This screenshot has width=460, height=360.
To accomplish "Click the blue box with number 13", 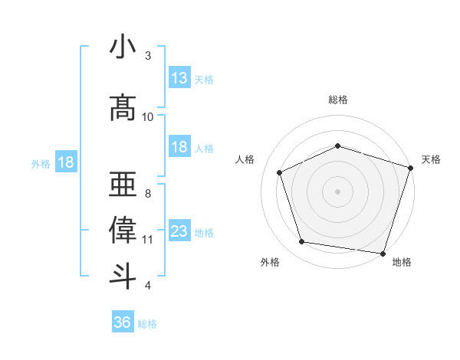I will tap(179, 78).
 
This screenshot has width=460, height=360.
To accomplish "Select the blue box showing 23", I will tap(179, 231).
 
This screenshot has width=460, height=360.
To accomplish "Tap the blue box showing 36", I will tap(123, 322).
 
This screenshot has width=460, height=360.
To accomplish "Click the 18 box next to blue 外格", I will tap(65, 162).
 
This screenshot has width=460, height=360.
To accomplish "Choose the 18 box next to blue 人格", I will tap(179, 147).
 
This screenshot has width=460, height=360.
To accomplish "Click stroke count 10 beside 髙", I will tap(148, 116).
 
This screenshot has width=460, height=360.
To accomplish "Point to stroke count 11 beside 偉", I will tap(148, 240).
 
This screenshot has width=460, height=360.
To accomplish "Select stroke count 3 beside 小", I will tap(148, 56).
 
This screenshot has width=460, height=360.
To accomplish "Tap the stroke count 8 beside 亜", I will tap(148, 194).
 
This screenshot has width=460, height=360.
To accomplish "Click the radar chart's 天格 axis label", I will tap(431, 159).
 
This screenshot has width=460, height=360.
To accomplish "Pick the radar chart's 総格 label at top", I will tap(338, 100).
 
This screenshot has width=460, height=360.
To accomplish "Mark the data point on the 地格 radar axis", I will tap(383, 253).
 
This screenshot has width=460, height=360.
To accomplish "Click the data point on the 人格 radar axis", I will tap(280, 173).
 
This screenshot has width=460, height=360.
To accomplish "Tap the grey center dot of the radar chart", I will tap(337, 191).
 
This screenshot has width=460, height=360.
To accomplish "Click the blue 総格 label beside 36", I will tap(147, 324).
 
